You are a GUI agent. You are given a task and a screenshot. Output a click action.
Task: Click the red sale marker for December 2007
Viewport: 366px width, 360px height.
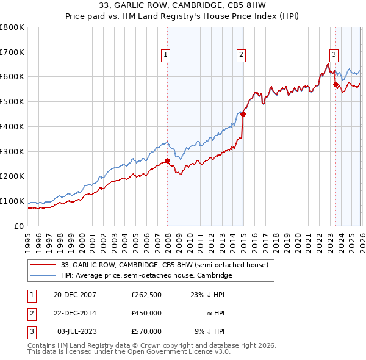click(167, 161)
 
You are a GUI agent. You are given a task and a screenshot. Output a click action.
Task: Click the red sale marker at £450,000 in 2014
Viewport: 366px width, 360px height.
click(243, 114)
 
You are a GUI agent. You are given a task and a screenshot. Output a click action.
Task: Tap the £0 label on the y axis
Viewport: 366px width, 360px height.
click(19, 226)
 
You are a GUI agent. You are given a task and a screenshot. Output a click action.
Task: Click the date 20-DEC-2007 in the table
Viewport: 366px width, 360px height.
click(74, 295)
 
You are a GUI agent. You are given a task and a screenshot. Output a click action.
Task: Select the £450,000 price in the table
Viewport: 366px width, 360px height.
click(146, 313)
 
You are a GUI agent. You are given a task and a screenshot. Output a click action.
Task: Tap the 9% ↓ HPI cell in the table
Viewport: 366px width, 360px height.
click(209, 331)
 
